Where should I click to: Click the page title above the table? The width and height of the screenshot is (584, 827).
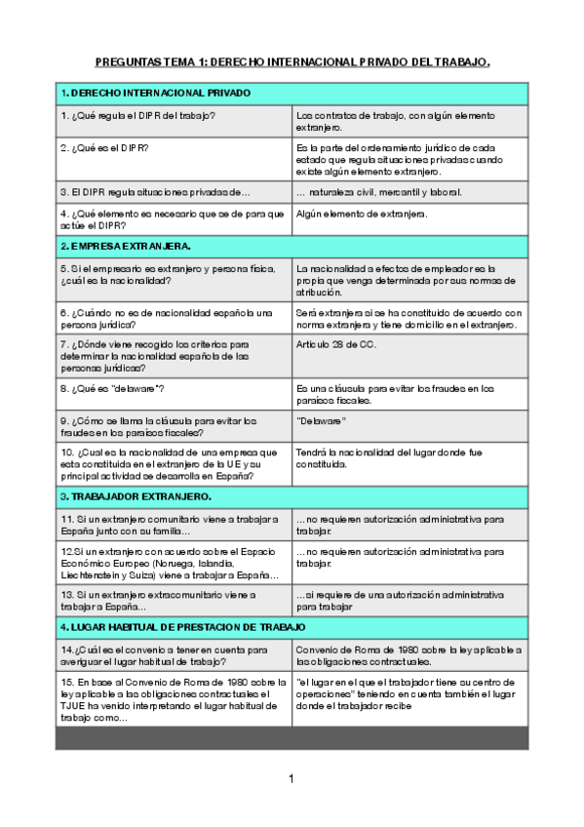[292, 61]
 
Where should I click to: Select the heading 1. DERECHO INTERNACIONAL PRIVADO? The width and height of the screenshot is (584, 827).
[156, 94]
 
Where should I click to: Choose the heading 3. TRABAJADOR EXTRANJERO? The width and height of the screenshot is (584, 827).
[136, 496]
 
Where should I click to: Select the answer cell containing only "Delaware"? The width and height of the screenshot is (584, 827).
[322, 421]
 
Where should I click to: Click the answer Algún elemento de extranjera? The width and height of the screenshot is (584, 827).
[362, 214]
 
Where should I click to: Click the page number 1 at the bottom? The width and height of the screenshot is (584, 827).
[291, 779]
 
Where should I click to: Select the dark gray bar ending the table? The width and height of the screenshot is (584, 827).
[292, 739]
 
